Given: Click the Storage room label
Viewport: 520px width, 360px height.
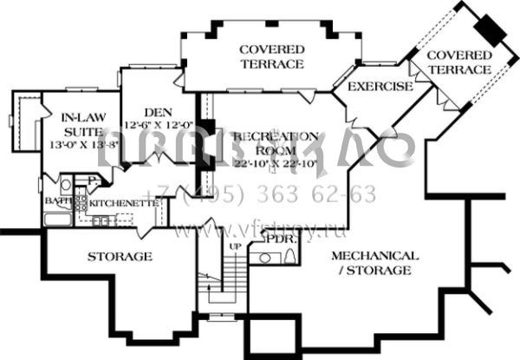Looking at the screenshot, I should click(120, 257).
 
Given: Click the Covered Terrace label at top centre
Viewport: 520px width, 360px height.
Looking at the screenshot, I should click(271, 56).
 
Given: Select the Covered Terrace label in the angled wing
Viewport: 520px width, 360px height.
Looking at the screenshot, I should click(459, 62).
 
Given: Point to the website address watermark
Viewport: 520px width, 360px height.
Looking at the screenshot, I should click(260, 232).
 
